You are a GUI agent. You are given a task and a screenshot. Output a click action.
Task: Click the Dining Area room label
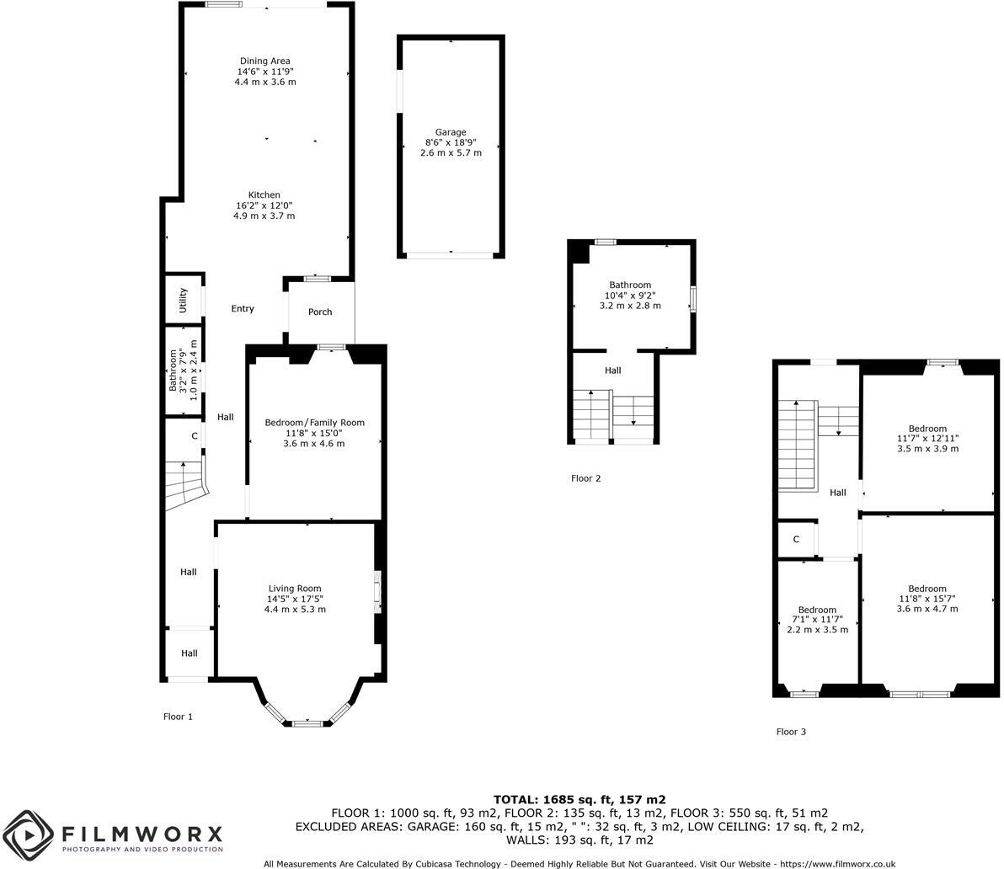tap(265, 61)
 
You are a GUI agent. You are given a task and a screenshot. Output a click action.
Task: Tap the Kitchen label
tap(264, 195)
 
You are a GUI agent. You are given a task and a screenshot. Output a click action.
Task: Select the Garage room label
tap(451, 132)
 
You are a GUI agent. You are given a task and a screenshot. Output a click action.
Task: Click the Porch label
tap(320, 312)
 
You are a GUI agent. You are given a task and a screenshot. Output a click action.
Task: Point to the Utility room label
tap(183, 301)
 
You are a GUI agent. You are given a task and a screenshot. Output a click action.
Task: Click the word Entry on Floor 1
tap(243, 309)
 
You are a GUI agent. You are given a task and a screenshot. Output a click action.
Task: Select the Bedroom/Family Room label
tap(314, 423)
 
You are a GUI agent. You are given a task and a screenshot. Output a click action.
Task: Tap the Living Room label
tap(295, 589)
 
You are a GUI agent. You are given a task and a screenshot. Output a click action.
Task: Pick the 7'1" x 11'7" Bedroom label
tap(817, 610)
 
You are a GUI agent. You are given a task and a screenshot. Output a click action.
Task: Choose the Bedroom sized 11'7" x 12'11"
tap(927, 429)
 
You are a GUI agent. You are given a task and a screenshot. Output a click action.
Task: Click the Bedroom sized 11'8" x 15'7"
tap(927, 589)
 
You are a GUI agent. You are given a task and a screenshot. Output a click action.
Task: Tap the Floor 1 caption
tap(178, 717)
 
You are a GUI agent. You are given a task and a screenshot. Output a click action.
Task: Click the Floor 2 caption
tap(585, 478)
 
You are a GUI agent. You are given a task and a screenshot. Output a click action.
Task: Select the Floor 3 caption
tap(791, 732)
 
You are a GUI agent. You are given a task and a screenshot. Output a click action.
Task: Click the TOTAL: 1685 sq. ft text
tap(579, 799)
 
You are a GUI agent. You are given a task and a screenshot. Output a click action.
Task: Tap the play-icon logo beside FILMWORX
tap(29, 835)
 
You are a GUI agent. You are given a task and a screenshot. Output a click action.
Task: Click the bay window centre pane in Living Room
tap(307, 722)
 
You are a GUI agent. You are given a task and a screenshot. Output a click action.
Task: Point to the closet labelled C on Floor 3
tap(795, 540)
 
